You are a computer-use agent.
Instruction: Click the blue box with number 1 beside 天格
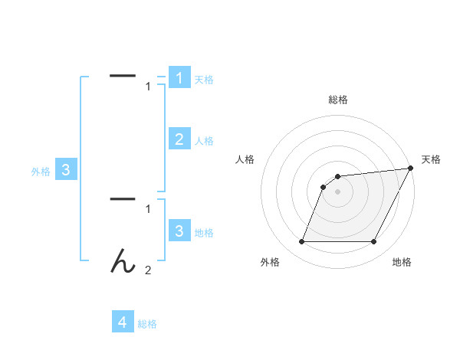tap(179, 77)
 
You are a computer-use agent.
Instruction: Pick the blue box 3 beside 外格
tap(66, 170)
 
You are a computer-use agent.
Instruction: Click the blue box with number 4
tap(123, 322)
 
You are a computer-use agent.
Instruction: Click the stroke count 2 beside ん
tap(148, 270)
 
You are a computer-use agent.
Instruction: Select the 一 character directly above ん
tap(123, 199)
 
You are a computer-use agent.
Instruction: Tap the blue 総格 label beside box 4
tap(147, 324)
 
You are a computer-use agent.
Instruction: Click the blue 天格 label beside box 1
tap(204, 80)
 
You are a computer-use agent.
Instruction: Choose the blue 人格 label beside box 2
tap(204, 141)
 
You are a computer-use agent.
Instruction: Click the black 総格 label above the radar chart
tap(338, 100)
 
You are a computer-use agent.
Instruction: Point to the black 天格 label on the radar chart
tap(432, 159)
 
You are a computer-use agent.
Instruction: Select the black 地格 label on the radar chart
tap(402, 262)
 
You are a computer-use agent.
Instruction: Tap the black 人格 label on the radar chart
tap(245, 159)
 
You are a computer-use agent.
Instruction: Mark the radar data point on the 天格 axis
tap(411, 168)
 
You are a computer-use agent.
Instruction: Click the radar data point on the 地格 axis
tap(373, 241)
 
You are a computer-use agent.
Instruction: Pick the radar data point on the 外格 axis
tap(302, 241)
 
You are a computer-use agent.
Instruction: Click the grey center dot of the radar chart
tap(338, 191)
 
